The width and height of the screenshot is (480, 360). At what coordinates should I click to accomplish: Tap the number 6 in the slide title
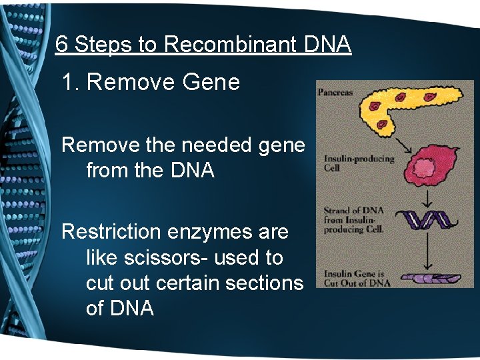tap(61, 45)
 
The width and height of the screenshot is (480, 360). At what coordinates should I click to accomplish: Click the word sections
tap(265, 283)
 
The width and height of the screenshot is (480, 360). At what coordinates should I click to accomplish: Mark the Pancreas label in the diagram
tap(335, 93)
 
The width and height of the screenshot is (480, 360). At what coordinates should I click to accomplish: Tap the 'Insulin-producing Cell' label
tap(349, 163)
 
